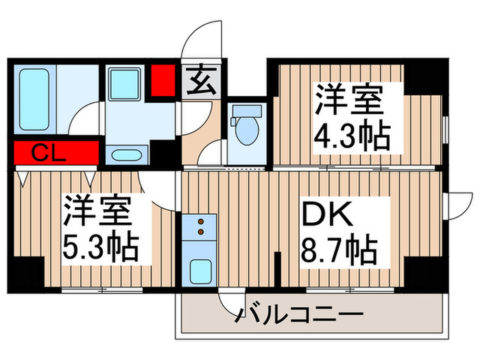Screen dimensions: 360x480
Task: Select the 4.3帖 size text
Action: [x=352, y=137]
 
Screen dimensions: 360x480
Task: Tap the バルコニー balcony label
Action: [x=299, y=317]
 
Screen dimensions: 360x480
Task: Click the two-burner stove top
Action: [x=200, y=226]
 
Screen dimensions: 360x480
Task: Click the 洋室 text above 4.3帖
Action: [x=349, y=102]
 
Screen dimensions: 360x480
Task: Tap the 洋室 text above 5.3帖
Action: [x=98, y=211]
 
